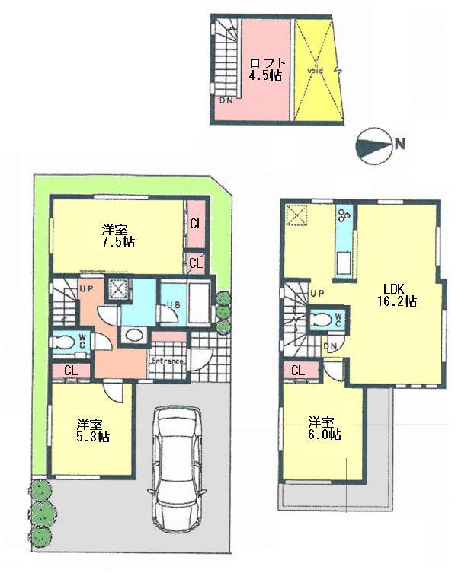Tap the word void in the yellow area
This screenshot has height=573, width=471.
coord(316,70)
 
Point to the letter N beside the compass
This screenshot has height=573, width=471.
coord(399,142)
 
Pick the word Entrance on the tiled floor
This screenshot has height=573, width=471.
coord(166,361)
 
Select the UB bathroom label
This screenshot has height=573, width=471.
coord(171,306)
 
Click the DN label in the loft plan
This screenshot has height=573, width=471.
coord(226,100)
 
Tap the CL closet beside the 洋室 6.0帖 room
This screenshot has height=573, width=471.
coord(298,370)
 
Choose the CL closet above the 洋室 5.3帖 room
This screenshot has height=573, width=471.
coord(70,371)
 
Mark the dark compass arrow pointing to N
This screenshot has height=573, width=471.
coord(373,145)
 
